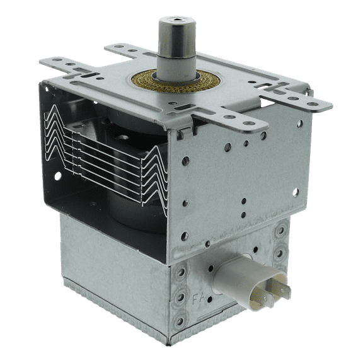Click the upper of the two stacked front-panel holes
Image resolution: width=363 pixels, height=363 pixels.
click(243, 202)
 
